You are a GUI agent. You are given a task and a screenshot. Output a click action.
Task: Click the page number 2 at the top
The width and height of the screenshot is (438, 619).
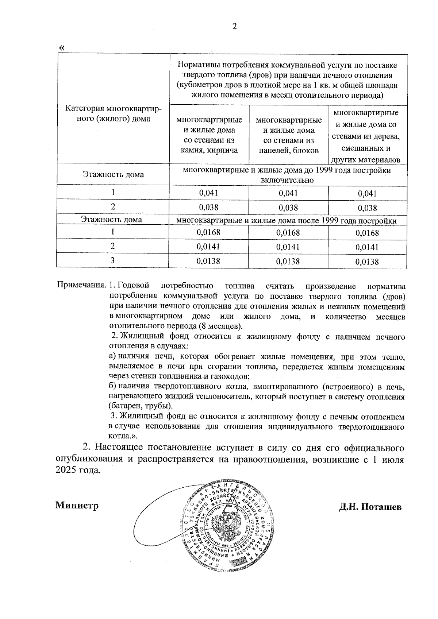point(235,27)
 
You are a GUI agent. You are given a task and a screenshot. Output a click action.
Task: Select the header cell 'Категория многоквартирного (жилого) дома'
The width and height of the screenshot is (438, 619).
point(113,113)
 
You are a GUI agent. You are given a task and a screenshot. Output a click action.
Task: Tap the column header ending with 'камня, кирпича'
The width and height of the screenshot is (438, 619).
point(209,135)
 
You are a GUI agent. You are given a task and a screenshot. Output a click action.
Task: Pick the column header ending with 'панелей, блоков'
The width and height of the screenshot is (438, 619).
point(289,135)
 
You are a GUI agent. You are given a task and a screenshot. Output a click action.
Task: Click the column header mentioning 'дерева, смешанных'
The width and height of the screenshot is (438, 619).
point(367,136)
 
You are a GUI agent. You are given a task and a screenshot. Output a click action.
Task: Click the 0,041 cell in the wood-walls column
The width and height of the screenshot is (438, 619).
point(367,194)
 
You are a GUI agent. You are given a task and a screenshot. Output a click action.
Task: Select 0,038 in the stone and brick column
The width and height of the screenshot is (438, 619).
point(209,208)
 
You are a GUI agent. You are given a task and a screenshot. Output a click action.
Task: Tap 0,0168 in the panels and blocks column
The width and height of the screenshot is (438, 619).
point(288,233)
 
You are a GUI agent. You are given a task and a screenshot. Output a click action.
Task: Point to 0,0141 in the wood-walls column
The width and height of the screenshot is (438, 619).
point(367,247)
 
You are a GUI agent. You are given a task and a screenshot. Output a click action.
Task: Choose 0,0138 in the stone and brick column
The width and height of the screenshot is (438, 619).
point(208,261)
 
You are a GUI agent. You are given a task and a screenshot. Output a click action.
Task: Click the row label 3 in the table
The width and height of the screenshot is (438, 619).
point(113,260)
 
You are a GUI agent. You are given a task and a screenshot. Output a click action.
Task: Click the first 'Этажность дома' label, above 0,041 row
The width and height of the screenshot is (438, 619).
point(113,175)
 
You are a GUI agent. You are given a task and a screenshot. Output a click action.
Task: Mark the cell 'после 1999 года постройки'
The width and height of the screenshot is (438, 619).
point(287,221)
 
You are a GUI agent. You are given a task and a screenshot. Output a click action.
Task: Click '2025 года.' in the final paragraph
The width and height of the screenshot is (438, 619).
point(78,471)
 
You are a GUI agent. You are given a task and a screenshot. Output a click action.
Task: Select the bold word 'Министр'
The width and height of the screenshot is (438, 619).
point(77,506)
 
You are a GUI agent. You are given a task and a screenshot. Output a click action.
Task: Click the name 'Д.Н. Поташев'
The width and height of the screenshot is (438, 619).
point(370,507)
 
